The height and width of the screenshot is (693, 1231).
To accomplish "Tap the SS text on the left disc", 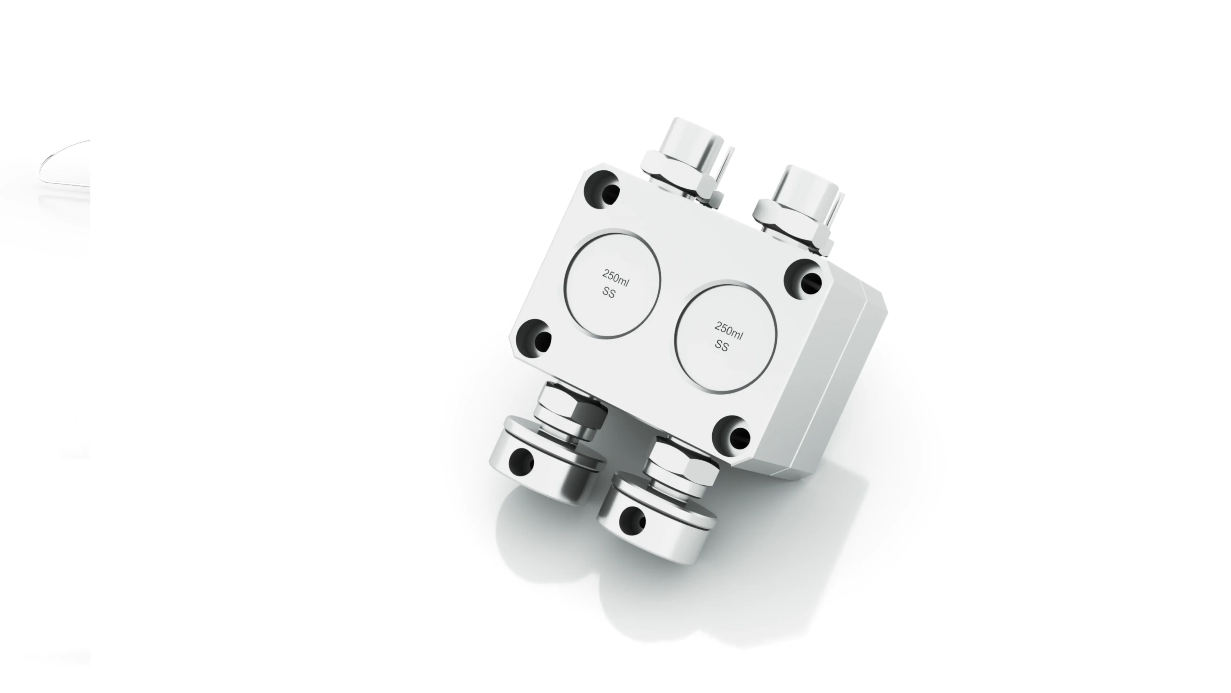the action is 608,292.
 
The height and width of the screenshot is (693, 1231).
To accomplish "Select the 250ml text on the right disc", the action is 728,330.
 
